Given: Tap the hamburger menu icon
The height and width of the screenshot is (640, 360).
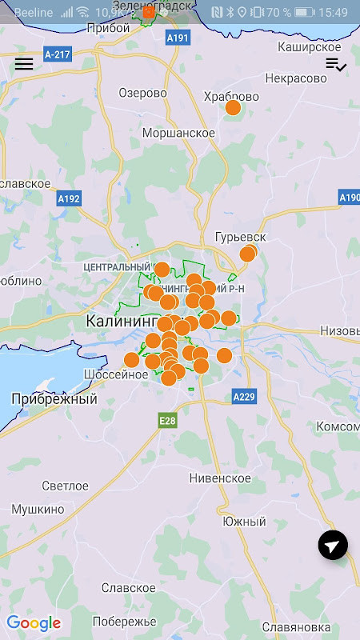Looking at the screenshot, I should [24, 64].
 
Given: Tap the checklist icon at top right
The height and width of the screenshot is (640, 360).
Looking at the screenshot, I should [335, 65].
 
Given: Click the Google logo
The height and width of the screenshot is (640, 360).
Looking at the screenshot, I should [34, 623].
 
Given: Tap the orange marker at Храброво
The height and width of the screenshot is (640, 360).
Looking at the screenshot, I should [233, 107].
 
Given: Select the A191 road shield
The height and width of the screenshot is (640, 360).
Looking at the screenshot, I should [177, 38].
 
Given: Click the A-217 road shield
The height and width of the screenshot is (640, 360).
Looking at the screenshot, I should [58, 55].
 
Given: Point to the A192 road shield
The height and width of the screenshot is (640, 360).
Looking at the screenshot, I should [69, 198].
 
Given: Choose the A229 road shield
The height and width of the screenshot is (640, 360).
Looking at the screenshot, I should [243, 396].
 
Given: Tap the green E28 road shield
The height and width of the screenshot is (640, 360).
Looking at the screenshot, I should [166, 421].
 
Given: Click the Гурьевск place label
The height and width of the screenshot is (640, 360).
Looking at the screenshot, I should [240, 238].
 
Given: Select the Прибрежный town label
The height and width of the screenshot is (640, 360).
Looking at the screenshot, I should [54, 398].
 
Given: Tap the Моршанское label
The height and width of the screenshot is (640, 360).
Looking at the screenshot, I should [178, 132].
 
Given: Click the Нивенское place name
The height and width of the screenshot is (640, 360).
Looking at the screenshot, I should [220, 478].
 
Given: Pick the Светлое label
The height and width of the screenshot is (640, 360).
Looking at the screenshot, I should [65, 486].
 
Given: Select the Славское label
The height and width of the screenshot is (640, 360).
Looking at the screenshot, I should [128, 588].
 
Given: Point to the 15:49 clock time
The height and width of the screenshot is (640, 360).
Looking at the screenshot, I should [333, 13].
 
